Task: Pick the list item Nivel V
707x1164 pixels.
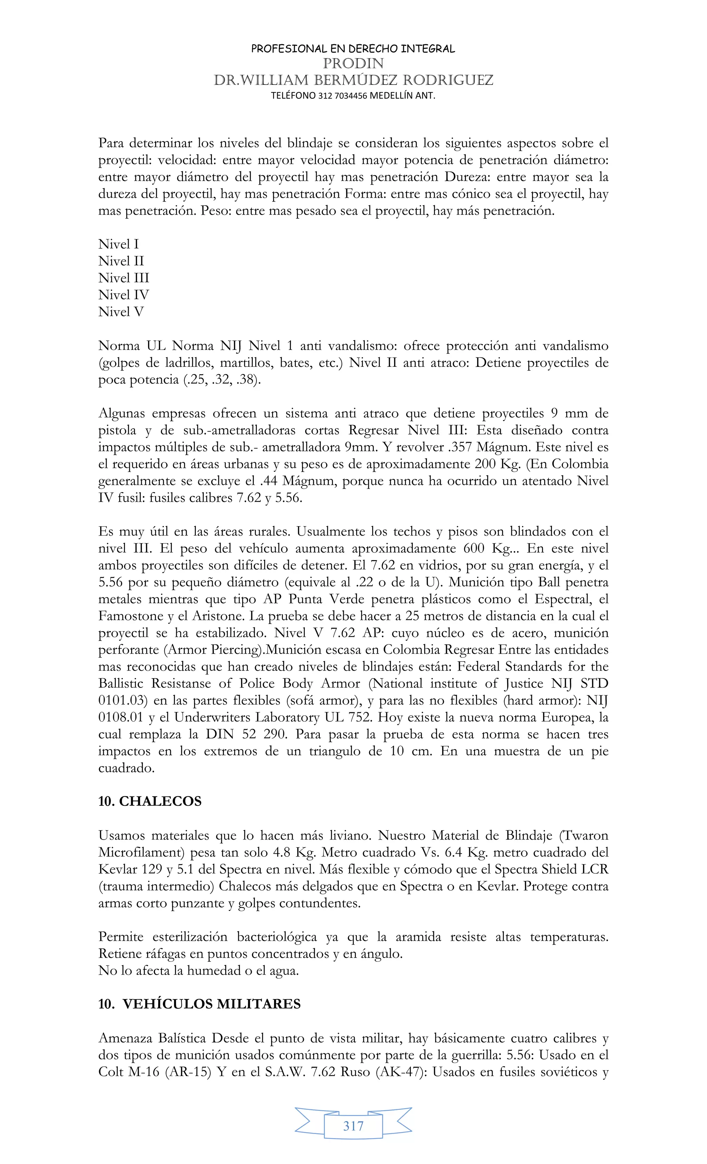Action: click(121, 312)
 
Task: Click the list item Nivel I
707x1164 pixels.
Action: click(118, 244)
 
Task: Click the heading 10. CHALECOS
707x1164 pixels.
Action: click(150, 802)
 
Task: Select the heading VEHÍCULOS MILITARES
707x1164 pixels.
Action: click(211, 1004)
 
